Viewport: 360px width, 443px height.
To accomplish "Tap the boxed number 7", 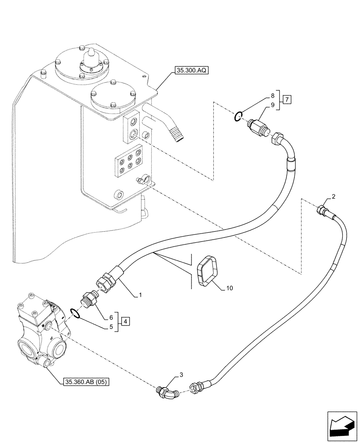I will pyautogui.click(x=286, y=100).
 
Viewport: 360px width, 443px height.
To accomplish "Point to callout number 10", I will pyautogui.click(x=229, y=288).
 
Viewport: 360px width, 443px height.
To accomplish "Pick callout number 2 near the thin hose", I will pyautogui.click(x=333, y=197).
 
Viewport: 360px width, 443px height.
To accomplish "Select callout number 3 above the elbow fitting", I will pyautogui.click(x=180, y=375).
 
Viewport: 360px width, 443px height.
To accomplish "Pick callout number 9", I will pyautogui.click(x=273, y=105).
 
